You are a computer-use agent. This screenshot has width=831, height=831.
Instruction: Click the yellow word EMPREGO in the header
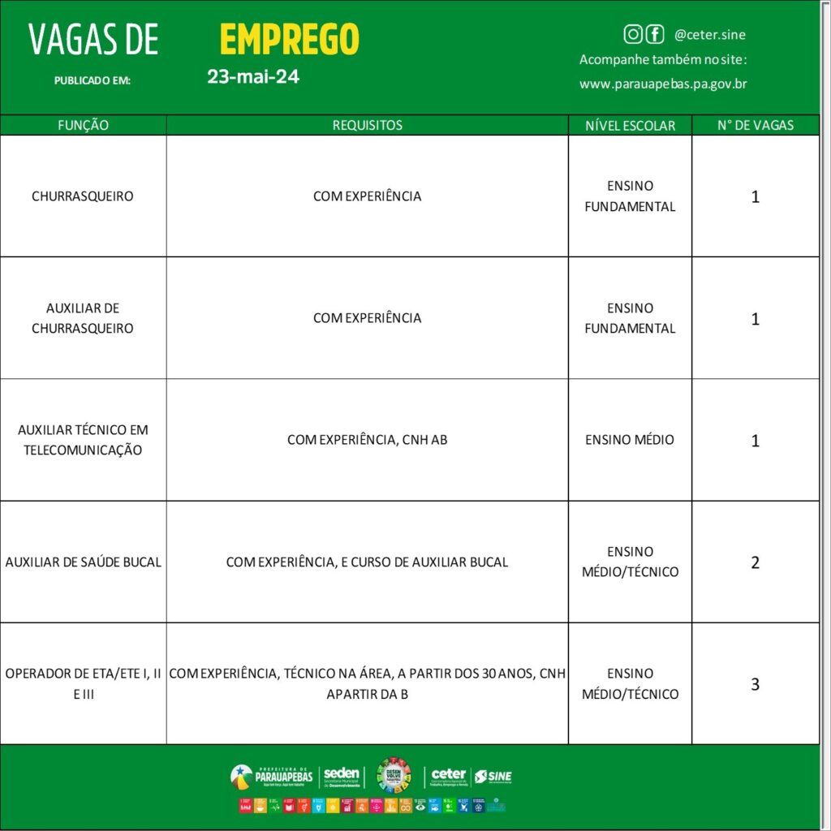289,39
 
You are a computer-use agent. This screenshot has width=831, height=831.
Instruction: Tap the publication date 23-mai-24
253,77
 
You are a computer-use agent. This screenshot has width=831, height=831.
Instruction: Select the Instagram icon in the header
633,34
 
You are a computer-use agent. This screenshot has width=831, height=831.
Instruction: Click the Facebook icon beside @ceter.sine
654,34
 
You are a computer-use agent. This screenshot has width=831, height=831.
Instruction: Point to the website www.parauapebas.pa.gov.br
663,84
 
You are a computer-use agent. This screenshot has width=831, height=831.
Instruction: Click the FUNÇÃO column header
83,125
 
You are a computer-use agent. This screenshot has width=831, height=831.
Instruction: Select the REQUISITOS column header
367,125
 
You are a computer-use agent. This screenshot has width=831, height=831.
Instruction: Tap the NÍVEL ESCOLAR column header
630,125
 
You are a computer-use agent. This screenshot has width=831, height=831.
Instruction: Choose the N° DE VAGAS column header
755,125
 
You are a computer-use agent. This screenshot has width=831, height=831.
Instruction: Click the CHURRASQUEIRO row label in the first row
83,196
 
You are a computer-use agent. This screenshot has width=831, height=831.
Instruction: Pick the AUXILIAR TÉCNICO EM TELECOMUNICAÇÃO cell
83,440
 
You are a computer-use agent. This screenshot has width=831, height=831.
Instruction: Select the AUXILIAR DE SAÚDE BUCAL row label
83,562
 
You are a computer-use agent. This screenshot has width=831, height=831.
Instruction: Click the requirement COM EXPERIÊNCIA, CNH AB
367,440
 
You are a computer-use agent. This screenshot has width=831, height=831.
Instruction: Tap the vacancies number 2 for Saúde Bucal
755,562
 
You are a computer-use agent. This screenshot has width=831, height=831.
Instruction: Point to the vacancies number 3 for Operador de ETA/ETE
755,684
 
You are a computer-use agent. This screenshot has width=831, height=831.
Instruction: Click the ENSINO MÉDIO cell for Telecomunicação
630,440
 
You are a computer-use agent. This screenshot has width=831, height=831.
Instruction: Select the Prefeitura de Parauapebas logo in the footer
272,776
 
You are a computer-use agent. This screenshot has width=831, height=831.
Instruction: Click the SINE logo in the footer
493,777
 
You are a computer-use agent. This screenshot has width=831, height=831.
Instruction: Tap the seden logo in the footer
342,777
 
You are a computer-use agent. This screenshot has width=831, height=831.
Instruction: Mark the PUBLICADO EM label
92,80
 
